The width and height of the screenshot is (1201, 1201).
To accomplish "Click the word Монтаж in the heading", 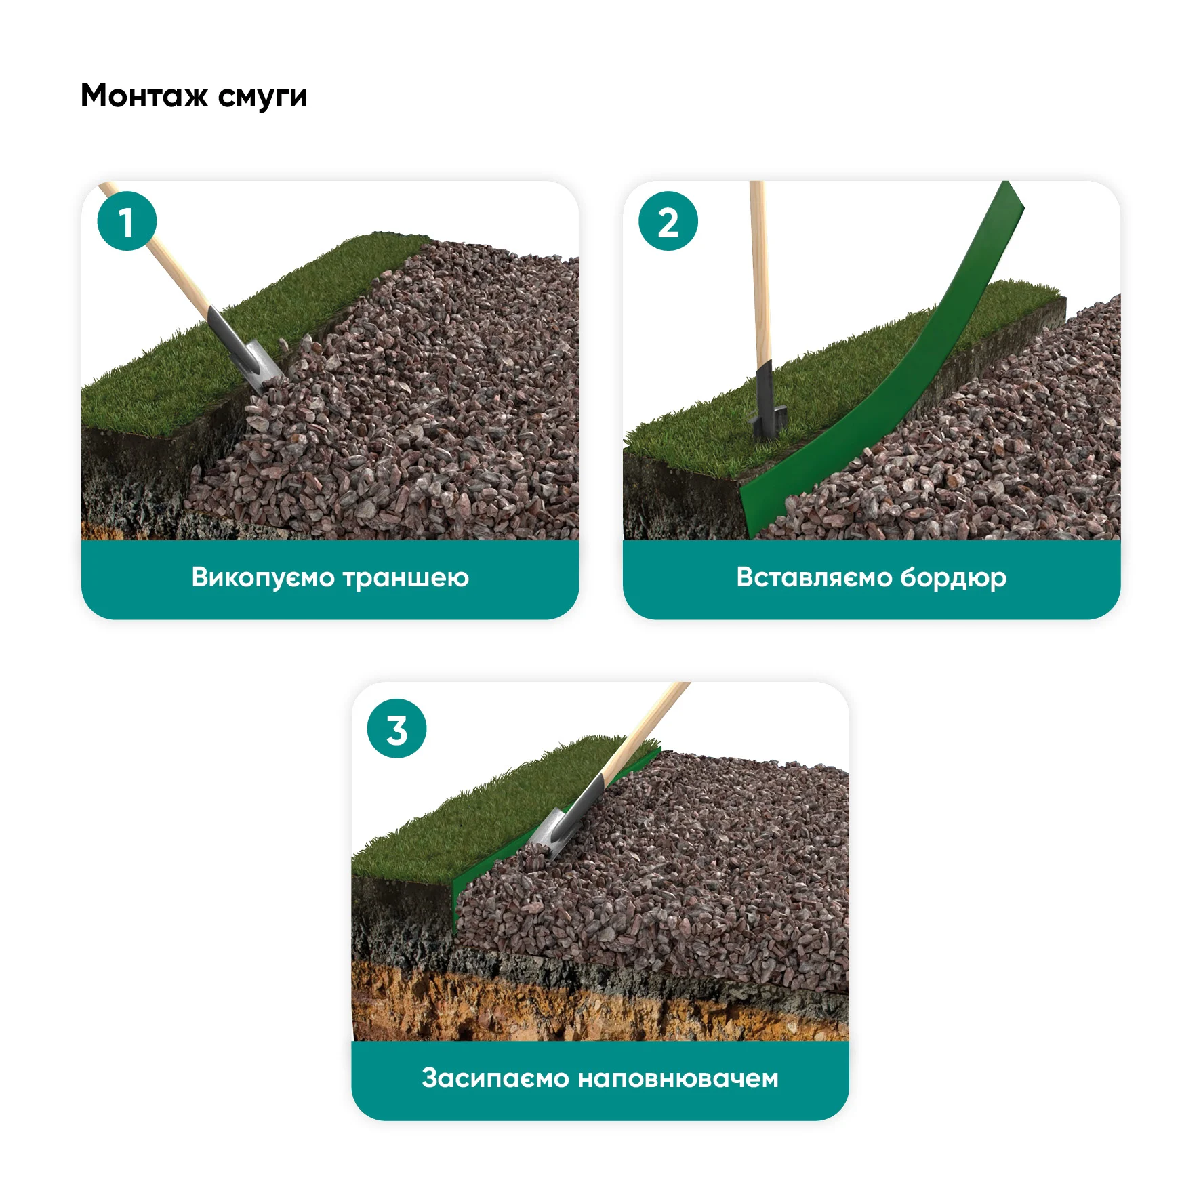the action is (144, 96).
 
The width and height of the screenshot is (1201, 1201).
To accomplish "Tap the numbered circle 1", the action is (127, 221).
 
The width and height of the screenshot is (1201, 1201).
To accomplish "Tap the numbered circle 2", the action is (668, 221).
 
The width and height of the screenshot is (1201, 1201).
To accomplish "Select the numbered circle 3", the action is (396, 729).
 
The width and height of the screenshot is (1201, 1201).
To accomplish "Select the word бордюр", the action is (954, 578).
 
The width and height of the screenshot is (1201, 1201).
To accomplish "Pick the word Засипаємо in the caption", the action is (495, 1078).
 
